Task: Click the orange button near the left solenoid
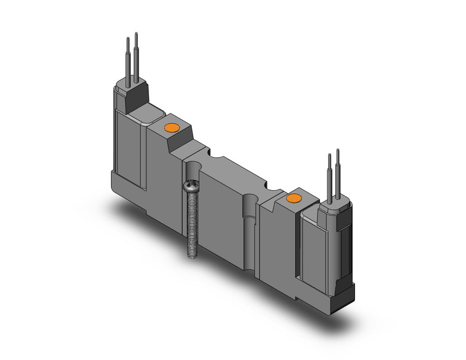tap(170, 128)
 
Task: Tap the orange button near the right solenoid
tap(294, 198)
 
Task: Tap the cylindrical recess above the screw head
tap(195, 168)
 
